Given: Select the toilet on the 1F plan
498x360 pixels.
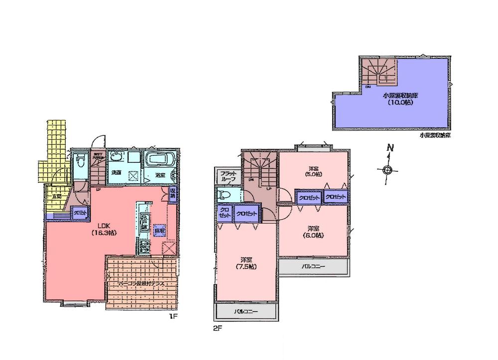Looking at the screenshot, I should [x=79, y=164].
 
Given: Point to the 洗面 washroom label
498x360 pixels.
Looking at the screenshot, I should [x=116, y=172].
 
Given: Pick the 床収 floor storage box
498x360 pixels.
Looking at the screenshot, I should [x=159, y=232].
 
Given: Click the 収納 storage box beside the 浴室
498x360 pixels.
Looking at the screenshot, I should [x=172, y=193].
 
